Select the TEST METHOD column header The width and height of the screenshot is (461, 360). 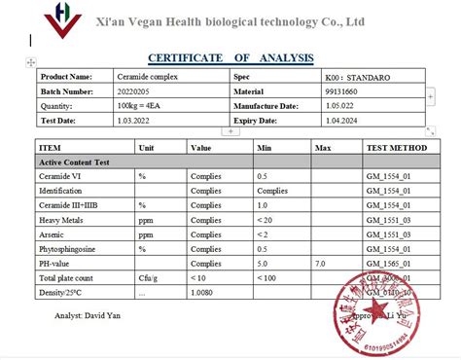396,148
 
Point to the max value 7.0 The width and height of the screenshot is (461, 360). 322,264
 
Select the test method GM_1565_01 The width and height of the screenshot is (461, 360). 388,264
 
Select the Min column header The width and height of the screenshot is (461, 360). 265,148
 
